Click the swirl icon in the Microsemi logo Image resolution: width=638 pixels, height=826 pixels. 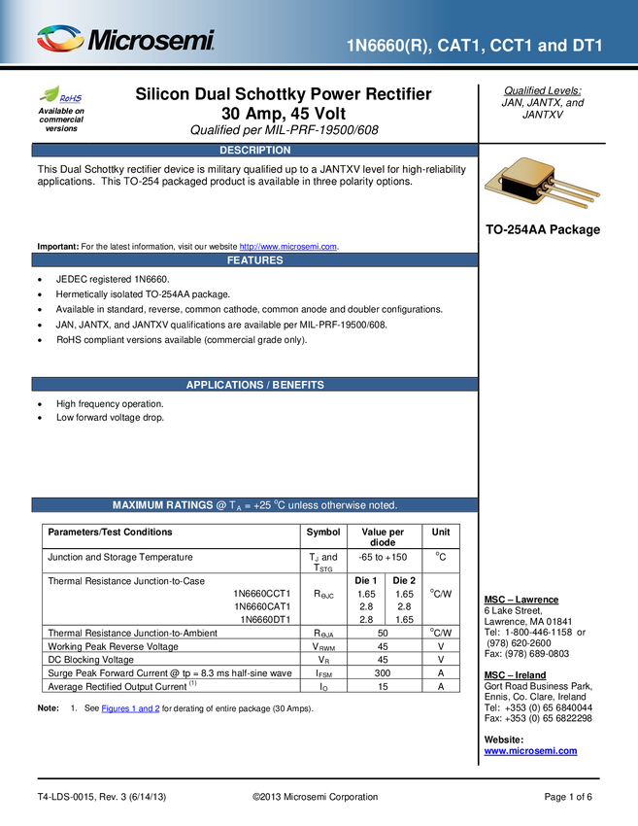(61, 40)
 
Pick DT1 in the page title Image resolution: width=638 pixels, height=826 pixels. (587, 47)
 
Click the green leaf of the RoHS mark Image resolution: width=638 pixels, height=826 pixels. (50, 94)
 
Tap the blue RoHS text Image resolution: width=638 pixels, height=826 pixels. (71, 98)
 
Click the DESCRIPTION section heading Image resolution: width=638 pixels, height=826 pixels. (254, 151)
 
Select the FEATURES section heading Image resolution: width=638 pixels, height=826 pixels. (254, 260)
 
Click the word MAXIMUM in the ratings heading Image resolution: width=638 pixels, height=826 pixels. (140, 505)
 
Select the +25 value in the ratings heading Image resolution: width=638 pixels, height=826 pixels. (267, 505)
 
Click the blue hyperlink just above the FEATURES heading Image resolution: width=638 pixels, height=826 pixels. (287, 246)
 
